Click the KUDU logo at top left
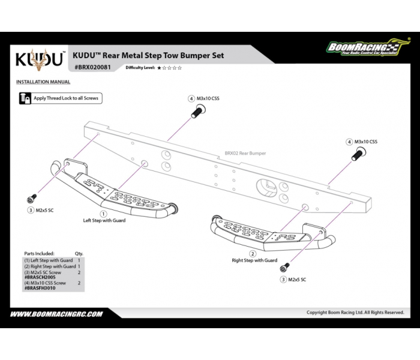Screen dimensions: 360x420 pyautogui.click(x=40, y=59)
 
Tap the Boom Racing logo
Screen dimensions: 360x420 pyautogui.click(x=362, y=49)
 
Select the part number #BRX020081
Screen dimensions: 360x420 pyautogui.click(x=91, y=67)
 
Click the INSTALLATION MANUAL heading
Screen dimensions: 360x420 pyautogui.click(x=43, y=82)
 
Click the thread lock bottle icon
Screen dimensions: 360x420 pyautogui.click(x=25, y=97)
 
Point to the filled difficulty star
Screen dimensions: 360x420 pyautogui.click(x=159, y=68)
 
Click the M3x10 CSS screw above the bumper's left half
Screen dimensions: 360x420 pyautogui.click(x=198, y=112)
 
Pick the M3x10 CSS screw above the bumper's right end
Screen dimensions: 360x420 pyautogui.click(x=357, y=155)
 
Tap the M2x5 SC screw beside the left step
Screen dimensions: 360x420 pyautogui.click(x=31, y=198)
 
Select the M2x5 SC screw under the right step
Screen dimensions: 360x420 pyautogui.click(x=286, y=266)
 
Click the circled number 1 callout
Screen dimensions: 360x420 pyautogui.click(x=103, y=213)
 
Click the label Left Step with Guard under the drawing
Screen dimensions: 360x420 pyautogui.click(x=104, y=220)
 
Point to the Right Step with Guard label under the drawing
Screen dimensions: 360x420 pyautogui.click(x=254, y=260)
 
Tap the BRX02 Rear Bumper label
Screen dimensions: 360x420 pyautogui.click(x=245, y=154)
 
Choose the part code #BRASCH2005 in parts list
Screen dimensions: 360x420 pyautogui.click(x=40, y=278)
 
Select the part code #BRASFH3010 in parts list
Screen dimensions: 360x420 pyautogui.click(x=40, y=288)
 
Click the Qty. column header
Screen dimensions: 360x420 pyautogui.click(x=79, y=254)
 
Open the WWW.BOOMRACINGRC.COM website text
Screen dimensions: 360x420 pyautogui.click(x=56, y=313)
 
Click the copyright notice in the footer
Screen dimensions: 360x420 pyautogui.click(x=355, y=313)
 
